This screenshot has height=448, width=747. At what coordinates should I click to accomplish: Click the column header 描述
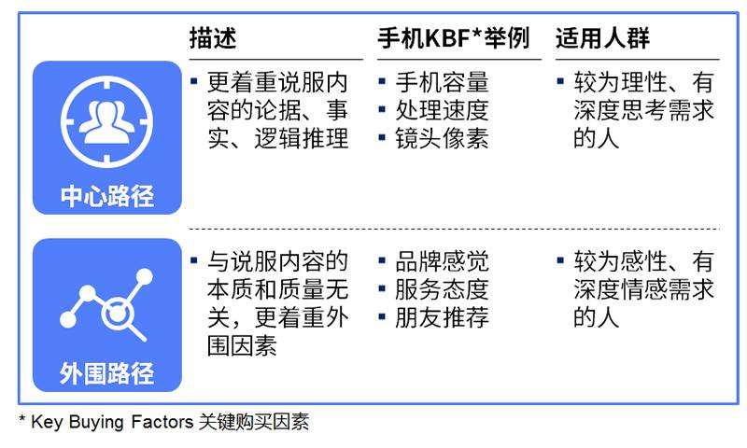pyautogui.click(x=212, y=39)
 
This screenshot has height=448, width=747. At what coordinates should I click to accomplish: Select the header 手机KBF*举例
pyautogui.click(x=453, y=39)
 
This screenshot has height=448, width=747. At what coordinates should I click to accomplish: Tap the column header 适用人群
pyautogui.click(x=602, y=39)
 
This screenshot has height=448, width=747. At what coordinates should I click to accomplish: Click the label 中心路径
pyautogui.click(x=106, y=197)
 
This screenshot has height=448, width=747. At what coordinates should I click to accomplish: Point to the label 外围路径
pyautogui.click(x=106, y=374)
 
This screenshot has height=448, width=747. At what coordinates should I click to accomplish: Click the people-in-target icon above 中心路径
pyautogui.click(x=106, y=120)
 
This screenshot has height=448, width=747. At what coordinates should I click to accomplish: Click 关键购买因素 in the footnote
pyautogui.click(x=254, y=423)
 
